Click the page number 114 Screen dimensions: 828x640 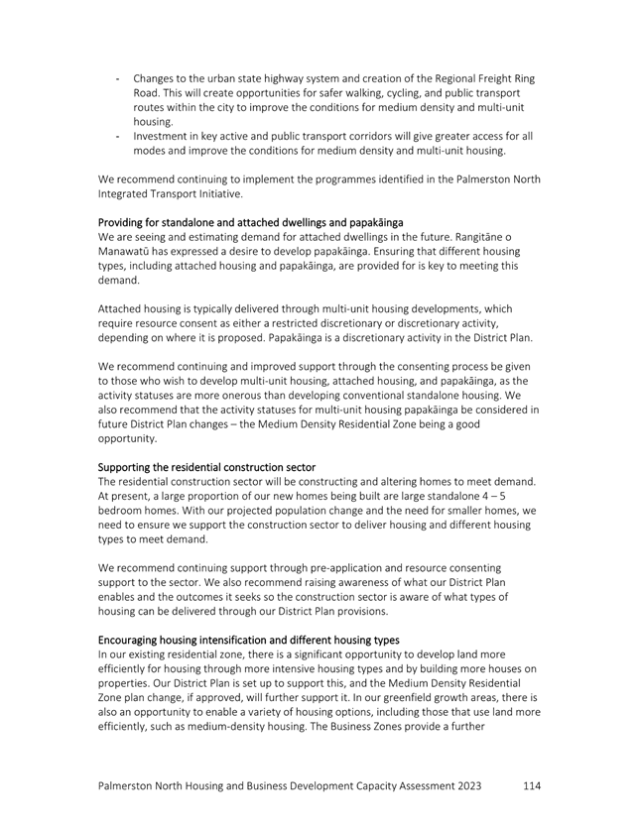pos(531,785)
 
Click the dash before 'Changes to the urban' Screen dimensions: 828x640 pos(117,77)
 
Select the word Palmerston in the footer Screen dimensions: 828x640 pos(134,785)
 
